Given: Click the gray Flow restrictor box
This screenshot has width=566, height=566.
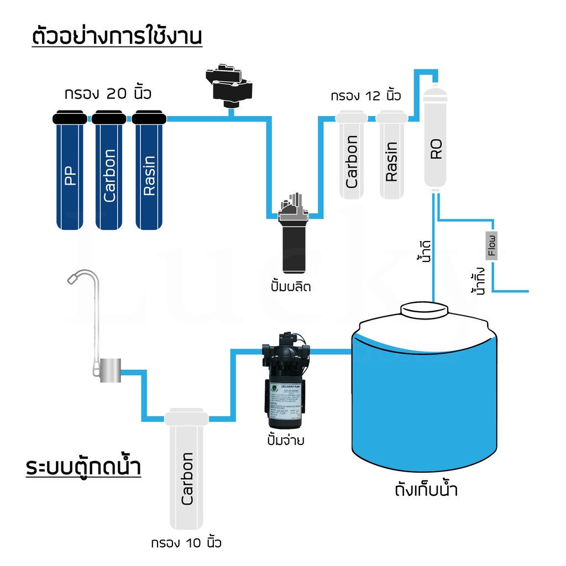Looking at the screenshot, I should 491,244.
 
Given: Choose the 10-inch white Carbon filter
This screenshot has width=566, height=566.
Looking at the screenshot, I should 187,475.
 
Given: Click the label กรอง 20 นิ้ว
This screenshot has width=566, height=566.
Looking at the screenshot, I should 108,93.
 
